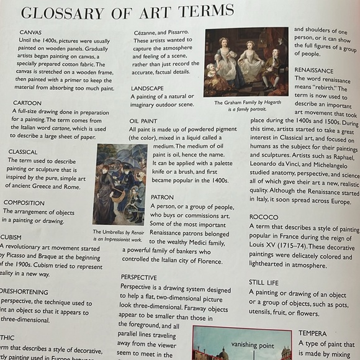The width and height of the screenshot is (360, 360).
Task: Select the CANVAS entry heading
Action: coord(31,32)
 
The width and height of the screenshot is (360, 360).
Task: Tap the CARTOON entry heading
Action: coord(27,103)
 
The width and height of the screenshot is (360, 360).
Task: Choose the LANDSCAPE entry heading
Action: coord(147,89)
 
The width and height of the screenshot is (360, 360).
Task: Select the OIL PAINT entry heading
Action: coord(143,121)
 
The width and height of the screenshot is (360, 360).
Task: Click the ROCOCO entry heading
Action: coord(264,217)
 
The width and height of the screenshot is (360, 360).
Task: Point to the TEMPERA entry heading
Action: coord(312,333)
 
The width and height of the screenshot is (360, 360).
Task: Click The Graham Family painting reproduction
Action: coord(246,62)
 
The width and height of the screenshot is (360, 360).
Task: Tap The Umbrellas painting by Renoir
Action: coord(119,184)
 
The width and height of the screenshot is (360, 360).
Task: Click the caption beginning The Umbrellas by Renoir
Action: coord(119,235)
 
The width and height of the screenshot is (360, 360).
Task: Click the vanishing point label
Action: coord(252,344)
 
